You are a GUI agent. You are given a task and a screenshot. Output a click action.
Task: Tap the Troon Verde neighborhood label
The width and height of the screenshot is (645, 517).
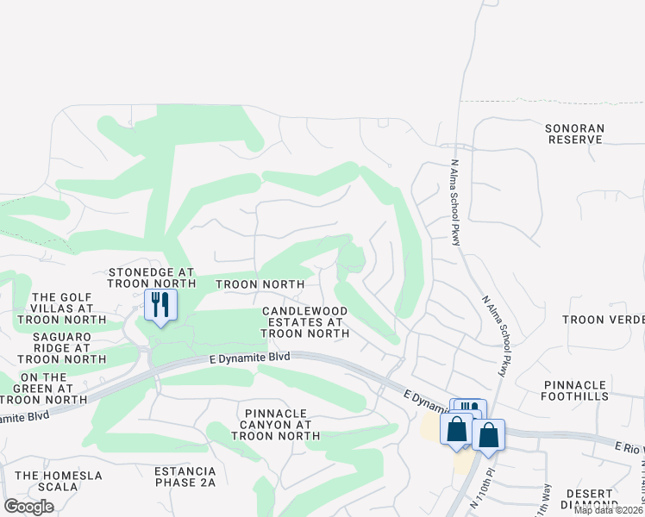click(x=603, y=320)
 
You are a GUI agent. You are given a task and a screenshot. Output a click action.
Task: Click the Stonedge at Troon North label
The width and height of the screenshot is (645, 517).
click(x=155, y=277)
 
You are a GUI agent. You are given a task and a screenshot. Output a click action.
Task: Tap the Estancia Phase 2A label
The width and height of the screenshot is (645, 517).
click(x=185, y=477)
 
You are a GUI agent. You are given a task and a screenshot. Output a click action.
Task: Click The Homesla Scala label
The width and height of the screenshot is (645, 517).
click(x=59, y=482)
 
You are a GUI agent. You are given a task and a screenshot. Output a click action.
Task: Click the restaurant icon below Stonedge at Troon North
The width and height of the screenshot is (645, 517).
click(x=160, y=305)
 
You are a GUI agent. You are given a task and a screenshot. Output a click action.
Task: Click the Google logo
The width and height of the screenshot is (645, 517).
click(x=28, y=507)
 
